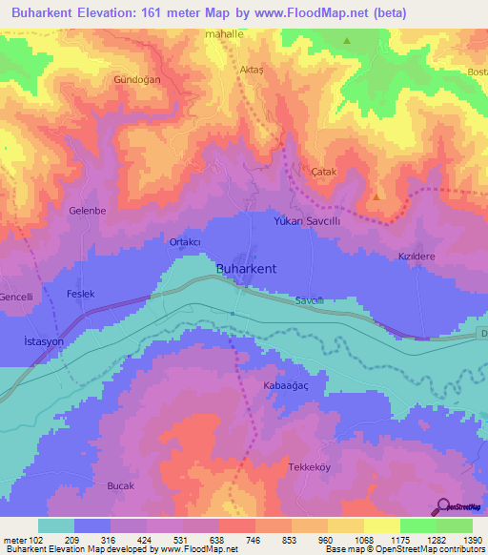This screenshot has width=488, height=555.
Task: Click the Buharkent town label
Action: pyautogui.click(x=247, y=269)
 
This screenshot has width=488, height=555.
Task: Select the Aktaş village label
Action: pyautogui.click(x=252, y=71)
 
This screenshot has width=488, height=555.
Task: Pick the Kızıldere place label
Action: pyautogui.click(x=417, y=257)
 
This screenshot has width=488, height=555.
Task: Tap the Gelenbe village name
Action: pyautogui.click(x=87, y=211)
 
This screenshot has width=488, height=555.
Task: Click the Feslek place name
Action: pyautogui.click(x=82, y=295)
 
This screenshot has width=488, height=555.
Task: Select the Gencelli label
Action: pyautogui.click(x=20, y=298)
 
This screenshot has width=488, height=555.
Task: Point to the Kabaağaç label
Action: pyautogui.click(x=284, y=386)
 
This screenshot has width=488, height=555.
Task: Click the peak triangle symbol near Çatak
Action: pyautogui.click(x=378, y=196)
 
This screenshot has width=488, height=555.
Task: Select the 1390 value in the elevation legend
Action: pyautogui.click(x=471, y=540)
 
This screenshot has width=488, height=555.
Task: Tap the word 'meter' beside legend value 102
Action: pyautogui.click(x=17, y=540)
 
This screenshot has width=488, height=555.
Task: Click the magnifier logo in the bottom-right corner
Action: pyautogui.click(x=443, y=507)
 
